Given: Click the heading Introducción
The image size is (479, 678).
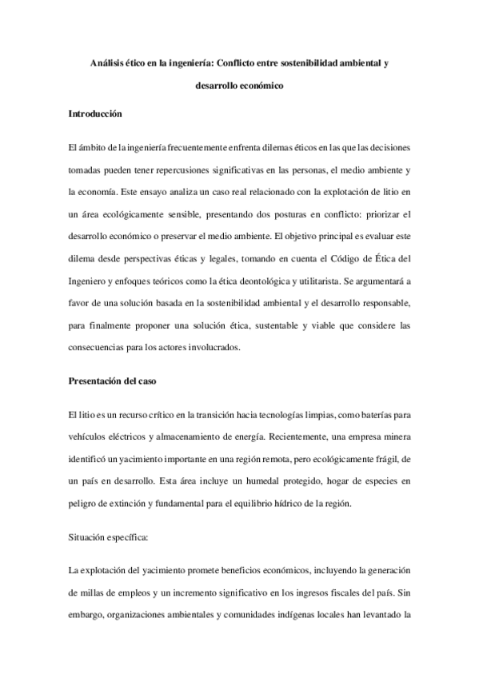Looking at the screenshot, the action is pos(95,114).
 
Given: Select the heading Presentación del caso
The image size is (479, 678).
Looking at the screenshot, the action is pos(111,381).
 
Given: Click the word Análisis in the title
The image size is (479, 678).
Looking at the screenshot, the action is pos(110,62).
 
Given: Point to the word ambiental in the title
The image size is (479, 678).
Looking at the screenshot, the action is pos(350,62).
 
